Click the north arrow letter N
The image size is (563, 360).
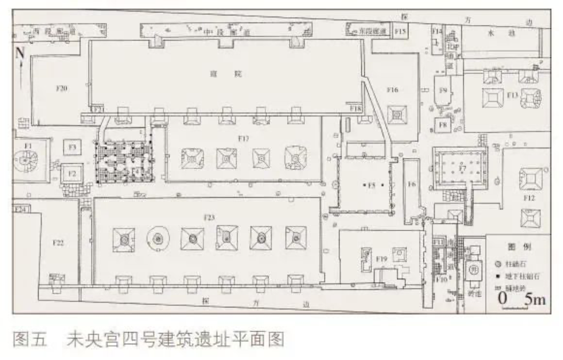click(20, 53)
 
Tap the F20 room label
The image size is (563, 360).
click(62, 89)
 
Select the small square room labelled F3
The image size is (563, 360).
click(72, 148)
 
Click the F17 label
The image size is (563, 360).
click(242, 139)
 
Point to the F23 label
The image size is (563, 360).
click(210, 217)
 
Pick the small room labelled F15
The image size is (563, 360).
click(400, 32)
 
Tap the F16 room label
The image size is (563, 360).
click(392, 90)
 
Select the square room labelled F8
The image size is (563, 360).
click(444, 125)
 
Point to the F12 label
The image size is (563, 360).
click(529, 198)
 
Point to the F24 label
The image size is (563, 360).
click(21, 209)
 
